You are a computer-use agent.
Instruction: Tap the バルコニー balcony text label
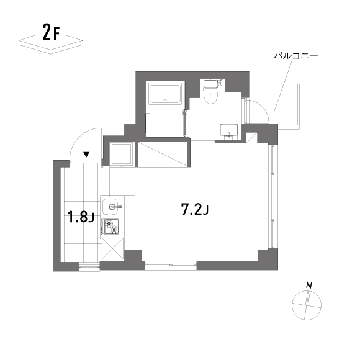(296, 56)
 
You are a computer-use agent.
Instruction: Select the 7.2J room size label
(194, 209)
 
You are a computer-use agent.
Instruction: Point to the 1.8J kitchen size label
(81, 217)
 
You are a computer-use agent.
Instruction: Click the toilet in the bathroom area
(211, 92)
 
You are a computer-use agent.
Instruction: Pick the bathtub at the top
(164, 94)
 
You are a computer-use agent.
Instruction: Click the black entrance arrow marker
(87, 154)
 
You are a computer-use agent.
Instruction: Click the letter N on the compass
(308, 286)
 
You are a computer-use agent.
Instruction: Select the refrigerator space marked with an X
(113, 250)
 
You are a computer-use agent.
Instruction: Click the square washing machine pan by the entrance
(120, 153)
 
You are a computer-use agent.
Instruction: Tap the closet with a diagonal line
(163, 153)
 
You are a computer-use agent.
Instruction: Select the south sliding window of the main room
(171, 264)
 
